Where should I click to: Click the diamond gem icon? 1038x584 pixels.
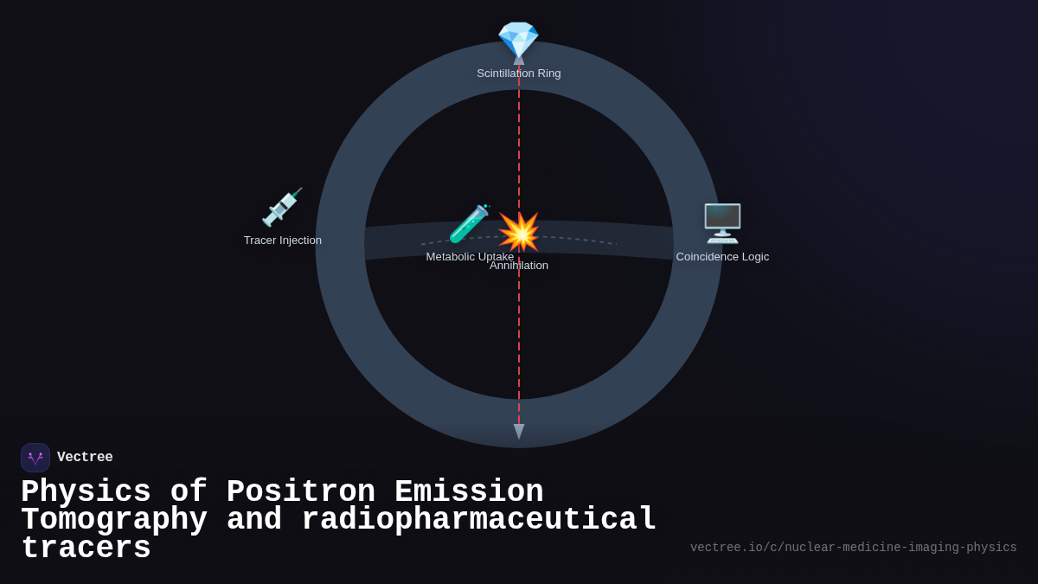pyautogui.click(x=518, y=40)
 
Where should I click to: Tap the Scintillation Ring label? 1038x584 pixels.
pyautogui.click(x=518, y=74)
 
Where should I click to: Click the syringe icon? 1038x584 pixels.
pyautogui.click(x=282, y=208)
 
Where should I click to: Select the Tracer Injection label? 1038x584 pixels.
pyautogui.click(x=282, y=241)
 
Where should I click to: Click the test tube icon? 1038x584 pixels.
pyautogui.click(x=469, y=224)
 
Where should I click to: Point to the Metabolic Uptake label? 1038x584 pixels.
pyautogui.click(x=469, y=257)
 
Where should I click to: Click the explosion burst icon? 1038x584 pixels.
pyautogui.click(x=519, y=232)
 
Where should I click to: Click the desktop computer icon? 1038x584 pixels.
pyautogui.click(x=722, y=223)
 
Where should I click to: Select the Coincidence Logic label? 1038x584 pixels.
pyautogui.click(x=722, y=257)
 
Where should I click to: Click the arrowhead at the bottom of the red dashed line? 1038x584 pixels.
pyautogui.click(x=519, y=431)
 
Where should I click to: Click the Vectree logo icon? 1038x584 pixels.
pyautogui.click(x=35, y=458)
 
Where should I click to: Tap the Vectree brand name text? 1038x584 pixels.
pyautogui.click(x=85, y=458)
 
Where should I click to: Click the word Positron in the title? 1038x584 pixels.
pyautogui.click(x=300, y=492)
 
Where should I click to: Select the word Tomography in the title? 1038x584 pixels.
pyautogui.click(x=113, y=520)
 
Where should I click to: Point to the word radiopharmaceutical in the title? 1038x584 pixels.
pyautogui.click(x=478, y=520)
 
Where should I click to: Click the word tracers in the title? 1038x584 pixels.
pyautogui.click(x=86, y=549)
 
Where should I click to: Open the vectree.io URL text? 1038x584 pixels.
pyautogui.click(x=853, y=548)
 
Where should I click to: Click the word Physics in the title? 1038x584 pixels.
pyautogui.click(x=86, y=492)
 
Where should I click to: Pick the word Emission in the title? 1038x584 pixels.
pyautogui.click(x=469, y=492)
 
